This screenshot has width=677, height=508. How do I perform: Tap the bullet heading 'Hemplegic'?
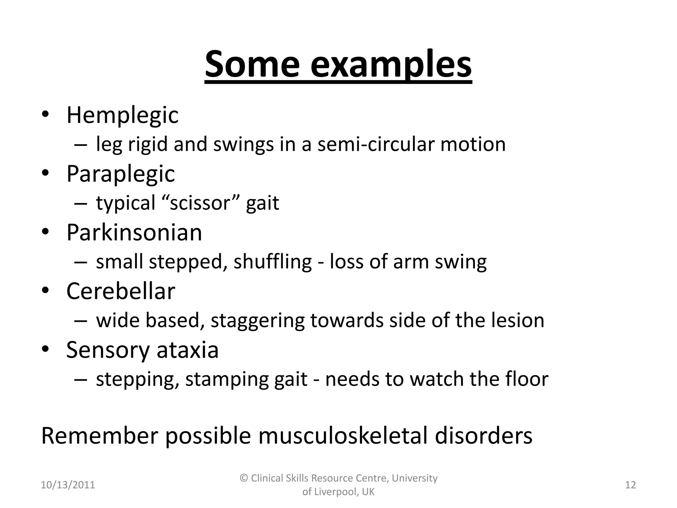coord(122,115)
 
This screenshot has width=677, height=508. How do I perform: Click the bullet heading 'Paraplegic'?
coord(121,174)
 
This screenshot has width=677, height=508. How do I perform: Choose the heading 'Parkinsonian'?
coord(134,233)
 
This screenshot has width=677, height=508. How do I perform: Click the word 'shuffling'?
coord(272,262)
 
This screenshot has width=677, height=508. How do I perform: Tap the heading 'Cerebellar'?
coord(121,291)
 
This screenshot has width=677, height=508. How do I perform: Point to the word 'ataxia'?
coord(187,350)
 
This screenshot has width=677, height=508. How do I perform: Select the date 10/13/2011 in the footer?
coord(68,485)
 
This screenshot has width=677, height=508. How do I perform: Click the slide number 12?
coord(630,485)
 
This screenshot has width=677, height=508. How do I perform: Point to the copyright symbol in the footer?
coord(244,478)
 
